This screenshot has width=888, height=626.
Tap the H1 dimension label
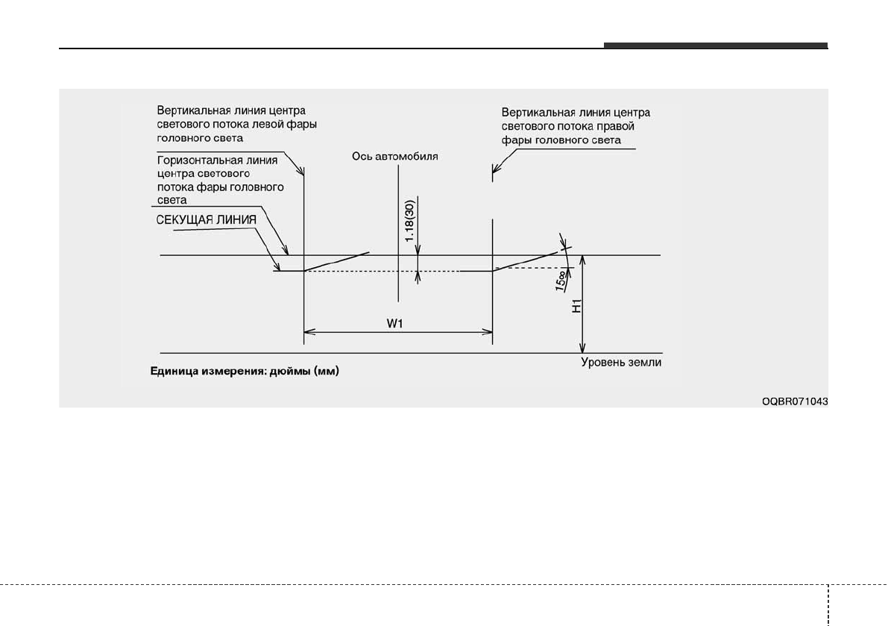tap(576, 307)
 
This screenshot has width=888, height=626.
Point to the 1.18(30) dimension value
tap(409, 219)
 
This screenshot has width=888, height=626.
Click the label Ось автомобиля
tap(396, 157)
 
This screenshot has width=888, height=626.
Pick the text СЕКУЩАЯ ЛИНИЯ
tap(206, 220)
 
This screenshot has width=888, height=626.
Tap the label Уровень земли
tap(621, 363)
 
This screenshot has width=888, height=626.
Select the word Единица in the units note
tap(172, 371)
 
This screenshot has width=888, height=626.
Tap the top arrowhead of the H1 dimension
tap(583, 260)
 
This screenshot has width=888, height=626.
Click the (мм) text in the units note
tap(327, 371)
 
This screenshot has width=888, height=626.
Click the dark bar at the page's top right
tap(715, 46)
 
